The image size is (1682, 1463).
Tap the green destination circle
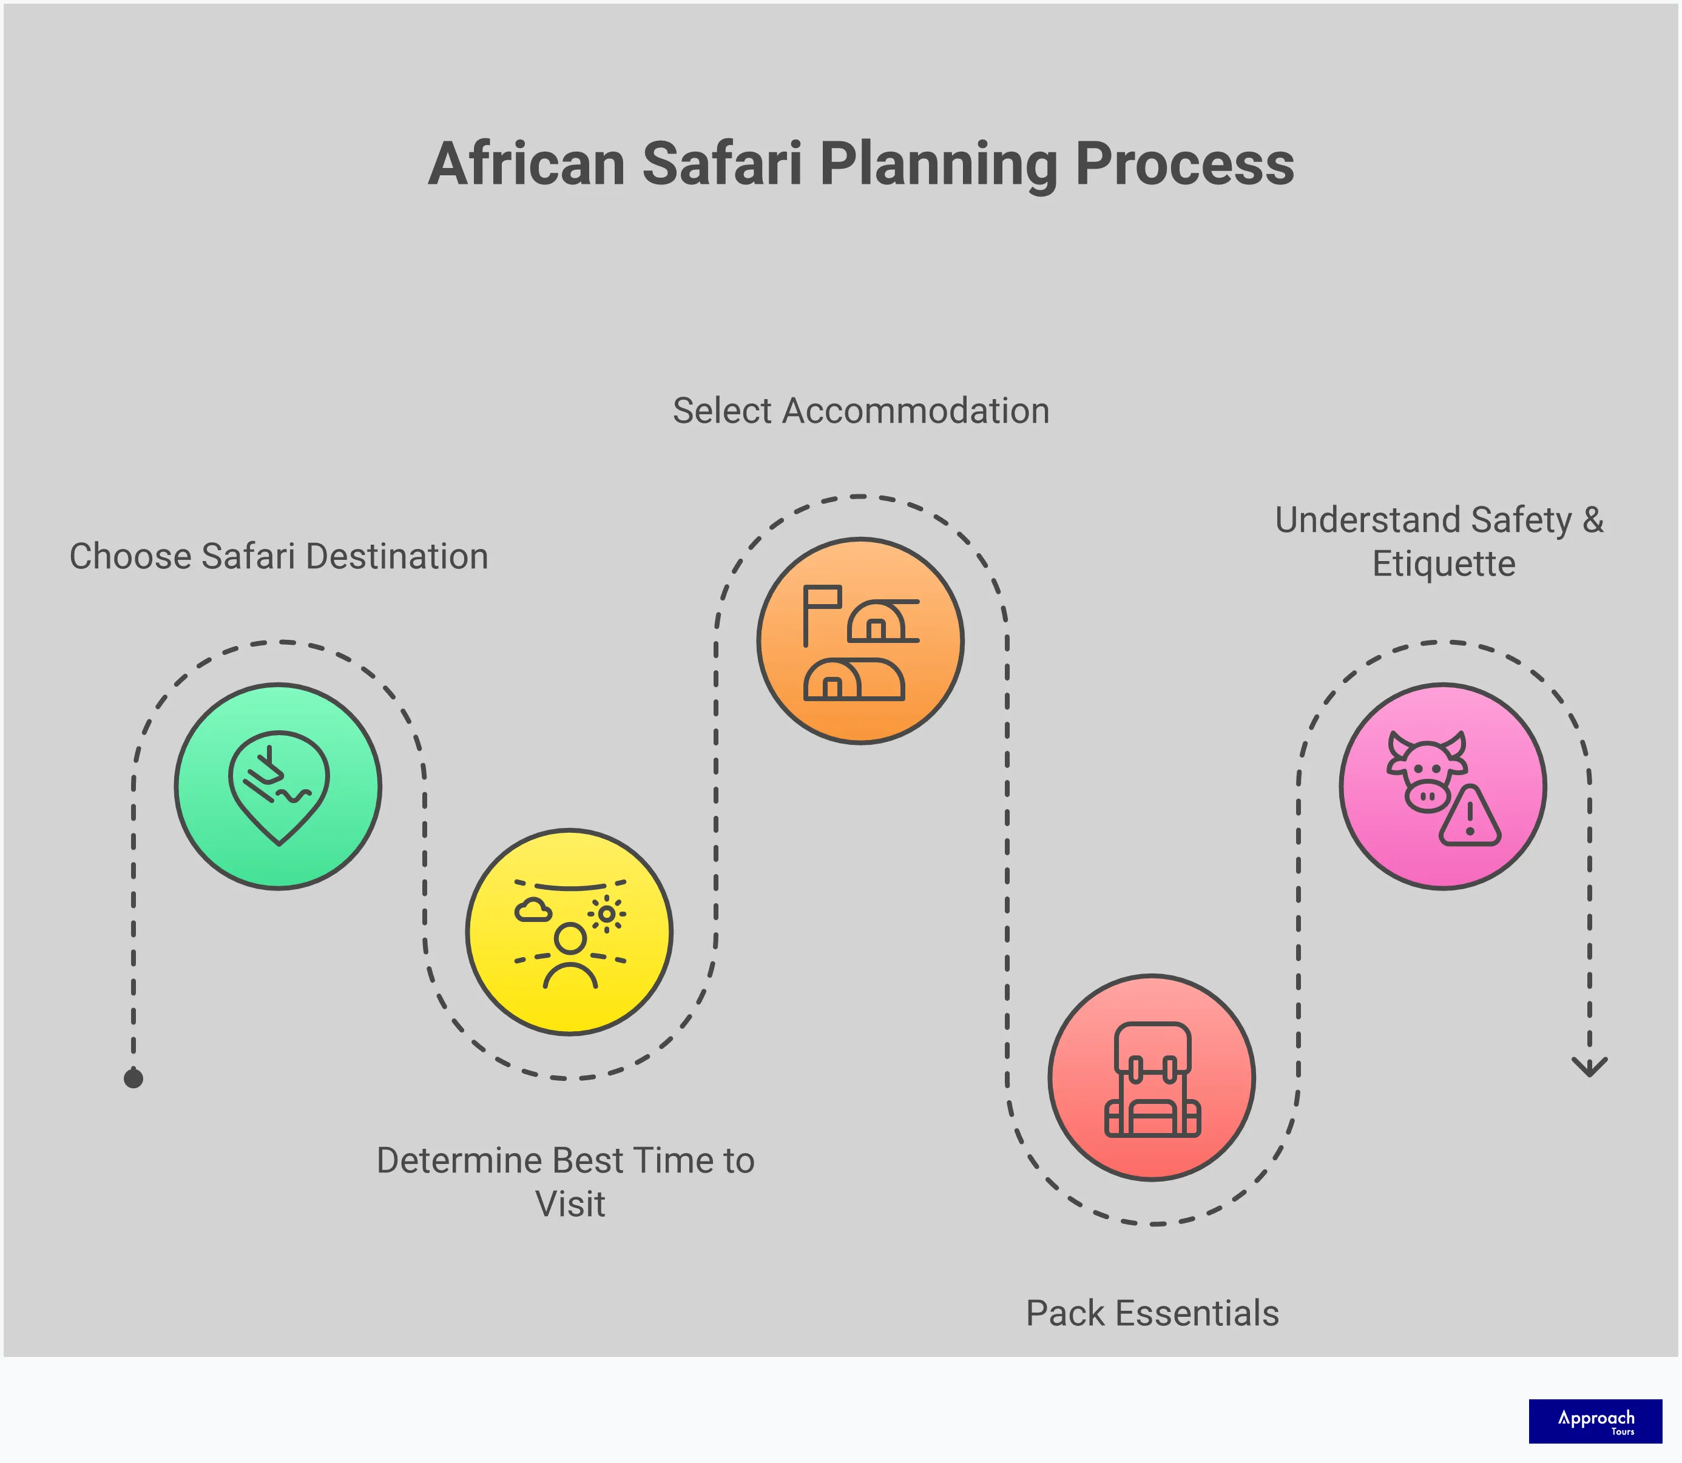279,786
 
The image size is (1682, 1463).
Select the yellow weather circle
569,932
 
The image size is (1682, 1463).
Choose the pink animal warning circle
1443,786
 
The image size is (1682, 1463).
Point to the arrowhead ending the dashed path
1589,1067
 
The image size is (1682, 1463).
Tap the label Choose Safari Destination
279,557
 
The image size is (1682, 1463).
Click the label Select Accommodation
860,411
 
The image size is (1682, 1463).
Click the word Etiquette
1443,564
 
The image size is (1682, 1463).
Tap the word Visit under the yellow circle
570,1204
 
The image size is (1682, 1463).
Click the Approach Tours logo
1595,1421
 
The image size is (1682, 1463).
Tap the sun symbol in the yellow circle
607,913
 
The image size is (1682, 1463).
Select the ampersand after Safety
1592,520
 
